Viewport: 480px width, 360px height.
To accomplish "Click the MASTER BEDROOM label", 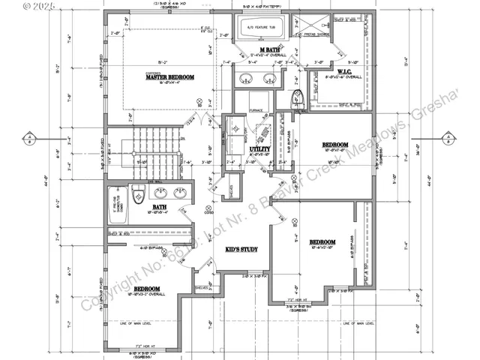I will [169, 78].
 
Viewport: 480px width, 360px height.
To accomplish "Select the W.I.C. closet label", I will [345, 72].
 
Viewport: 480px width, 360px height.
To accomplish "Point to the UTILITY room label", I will [260, 150].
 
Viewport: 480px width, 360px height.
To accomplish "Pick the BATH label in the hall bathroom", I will [160, 207].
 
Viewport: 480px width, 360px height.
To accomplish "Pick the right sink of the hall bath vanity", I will [181, 193].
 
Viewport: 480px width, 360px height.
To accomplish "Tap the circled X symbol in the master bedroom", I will [199, 101].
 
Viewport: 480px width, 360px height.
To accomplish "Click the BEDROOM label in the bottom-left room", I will [146, 289].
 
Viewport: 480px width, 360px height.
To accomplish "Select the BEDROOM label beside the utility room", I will [334, 144].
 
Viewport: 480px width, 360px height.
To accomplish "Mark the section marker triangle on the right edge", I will [447, 137].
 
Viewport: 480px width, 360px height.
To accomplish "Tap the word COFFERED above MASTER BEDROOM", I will [154, 73].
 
